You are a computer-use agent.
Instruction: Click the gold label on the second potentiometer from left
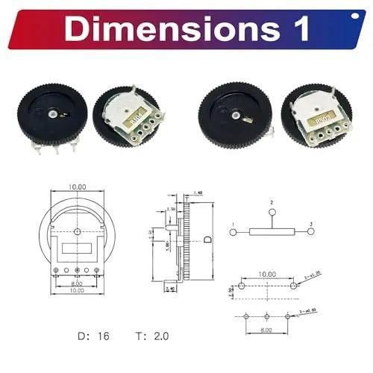(x=138, y=116)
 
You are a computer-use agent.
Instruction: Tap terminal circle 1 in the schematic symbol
(x=233, y=233)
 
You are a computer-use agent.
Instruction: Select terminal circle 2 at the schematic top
(x=272, y=212)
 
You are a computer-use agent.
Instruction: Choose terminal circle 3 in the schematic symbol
(x=310, y=233)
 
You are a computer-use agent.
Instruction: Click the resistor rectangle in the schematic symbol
(x=272, y=233)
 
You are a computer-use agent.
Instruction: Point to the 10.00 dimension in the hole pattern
(x=268, y=274)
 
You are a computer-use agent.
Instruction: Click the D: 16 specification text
(x=94, y=336)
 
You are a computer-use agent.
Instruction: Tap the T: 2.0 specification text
(x=152, y=336)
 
